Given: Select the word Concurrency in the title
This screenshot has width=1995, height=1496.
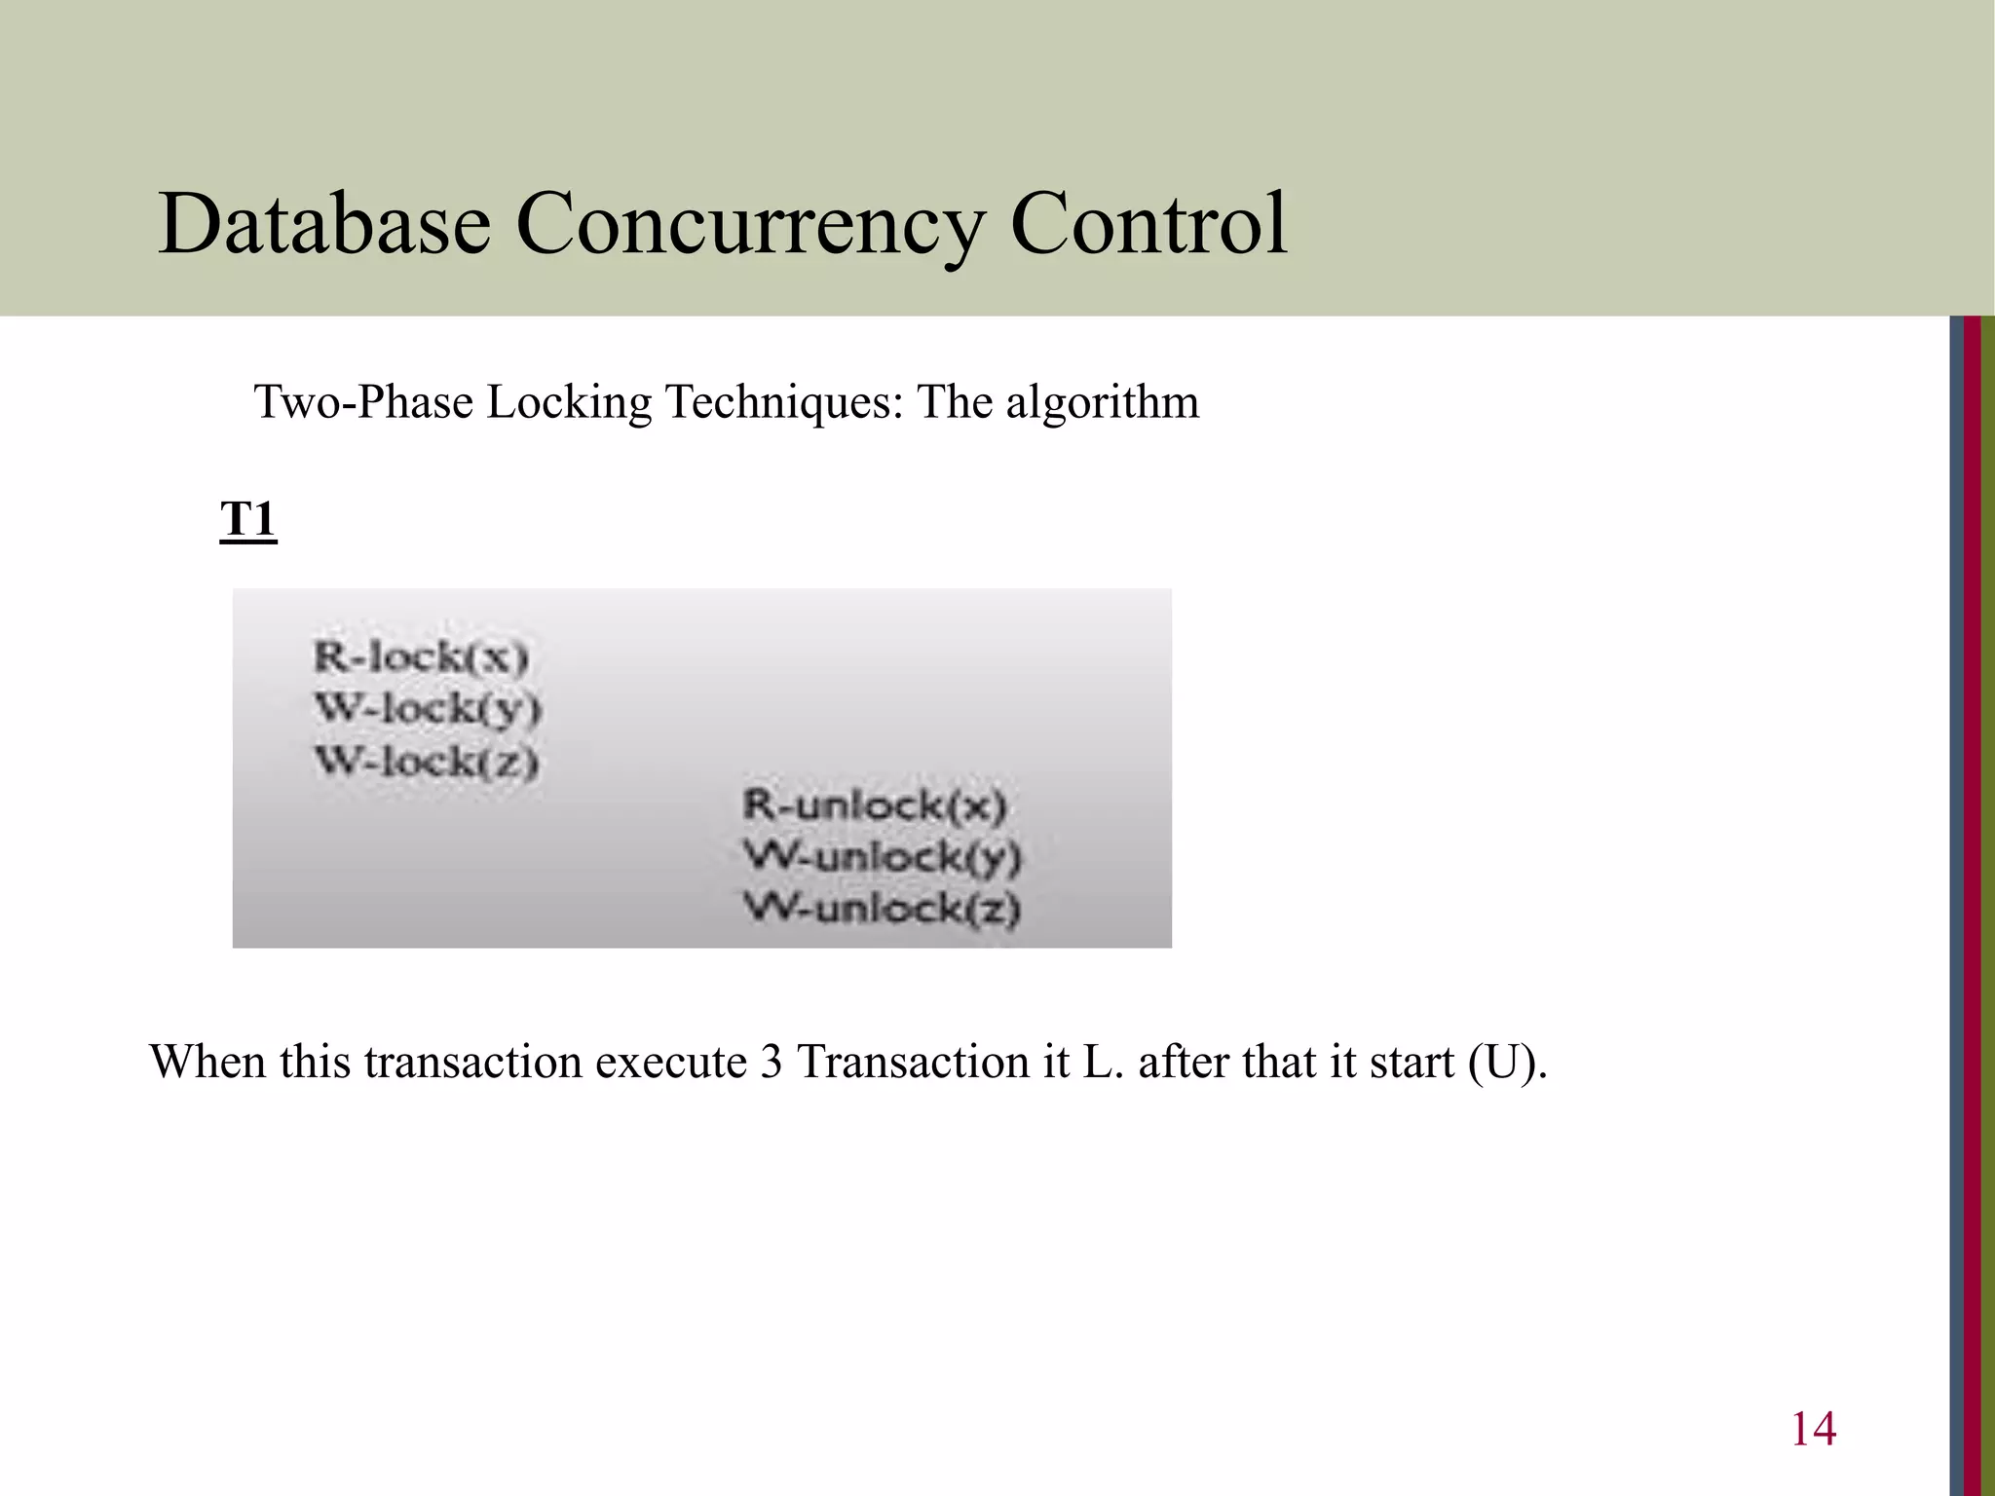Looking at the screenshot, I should pos(749,226).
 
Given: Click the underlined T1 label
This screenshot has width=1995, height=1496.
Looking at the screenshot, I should pos(248,519).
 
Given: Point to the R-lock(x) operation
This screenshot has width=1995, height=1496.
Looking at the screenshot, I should pos(421,657).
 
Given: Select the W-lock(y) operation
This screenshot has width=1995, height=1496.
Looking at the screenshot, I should pos(428,709).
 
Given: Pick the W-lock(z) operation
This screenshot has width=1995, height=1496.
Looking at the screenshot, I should pos(427,761).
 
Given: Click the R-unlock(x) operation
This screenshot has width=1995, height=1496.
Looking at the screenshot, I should pos(874,805).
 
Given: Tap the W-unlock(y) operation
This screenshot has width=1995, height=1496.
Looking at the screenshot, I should pos(882,857).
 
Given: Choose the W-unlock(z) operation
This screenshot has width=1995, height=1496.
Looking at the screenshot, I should pos(882,909).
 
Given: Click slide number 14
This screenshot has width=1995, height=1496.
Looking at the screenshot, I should pos(1813,1429).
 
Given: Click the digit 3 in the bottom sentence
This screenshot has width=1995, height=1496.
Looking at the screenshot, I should pos(772,1063).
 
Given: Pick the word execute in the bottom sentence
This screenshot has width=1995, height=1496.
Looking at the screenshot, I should pos(671,1063).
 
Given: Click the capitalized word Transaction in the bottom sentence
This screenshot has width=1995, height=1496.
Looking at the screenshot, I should pos(913,1063).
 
